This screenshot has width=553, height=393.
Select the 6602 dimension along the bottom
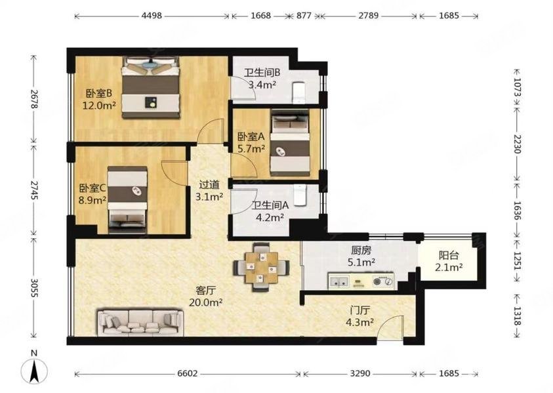point(187,373)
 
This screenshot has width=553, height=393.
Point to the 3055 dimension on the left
point(34,288)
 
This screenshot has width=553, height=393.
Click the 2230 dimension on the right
point(517,144)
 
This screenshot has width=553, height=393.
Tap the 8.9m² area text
point(92,200)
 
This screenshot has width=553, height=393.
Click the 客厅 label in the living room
point(205,291)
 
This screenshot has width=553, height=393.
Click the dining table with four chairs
point(261,267)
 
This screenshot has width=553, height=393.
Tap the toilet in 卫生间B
point(298,93)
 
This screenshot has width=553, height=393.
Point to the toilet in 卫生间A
point(300,195)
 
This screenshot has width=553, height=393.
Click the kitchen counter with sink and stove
point(361,281)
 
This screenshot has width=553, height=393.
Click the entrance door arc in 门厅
point(390,325)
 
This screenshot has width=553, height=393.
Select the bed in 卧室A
point(290,142)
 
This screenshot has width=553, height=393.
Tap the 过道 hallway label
point(209,184)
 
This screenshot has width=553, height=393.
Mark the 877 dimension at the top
point(304,16)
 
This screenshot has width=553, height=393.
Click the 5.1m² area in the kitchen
point(361,262)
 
